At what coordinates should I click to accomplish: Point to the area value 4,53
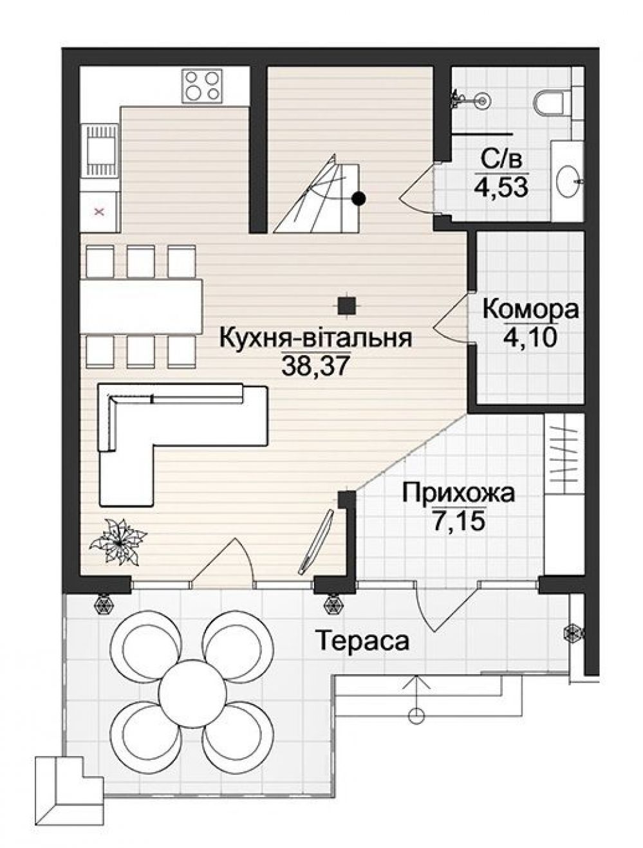click(501, 188)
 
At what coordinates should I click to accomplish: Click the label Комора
click(530, 309)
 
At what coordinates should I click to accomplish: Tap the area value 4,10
click(530, 336)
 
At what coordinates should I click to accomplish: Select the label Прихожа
click(458, 493)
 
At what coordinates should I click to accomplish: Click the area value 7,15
click(458, 521)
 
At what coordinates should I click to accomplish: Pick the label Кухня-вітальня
click(315, 338)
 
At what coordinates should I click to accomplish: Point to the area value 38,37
click(315, 365)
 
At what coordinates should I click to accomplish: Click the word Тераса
click(362, 641)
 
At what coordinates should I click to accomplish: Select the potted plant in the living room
click(118, 542)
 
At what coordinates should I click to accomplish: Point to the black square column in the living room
click(348, 304)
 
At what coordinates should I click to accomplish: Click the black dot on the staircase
click(360, 199)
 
